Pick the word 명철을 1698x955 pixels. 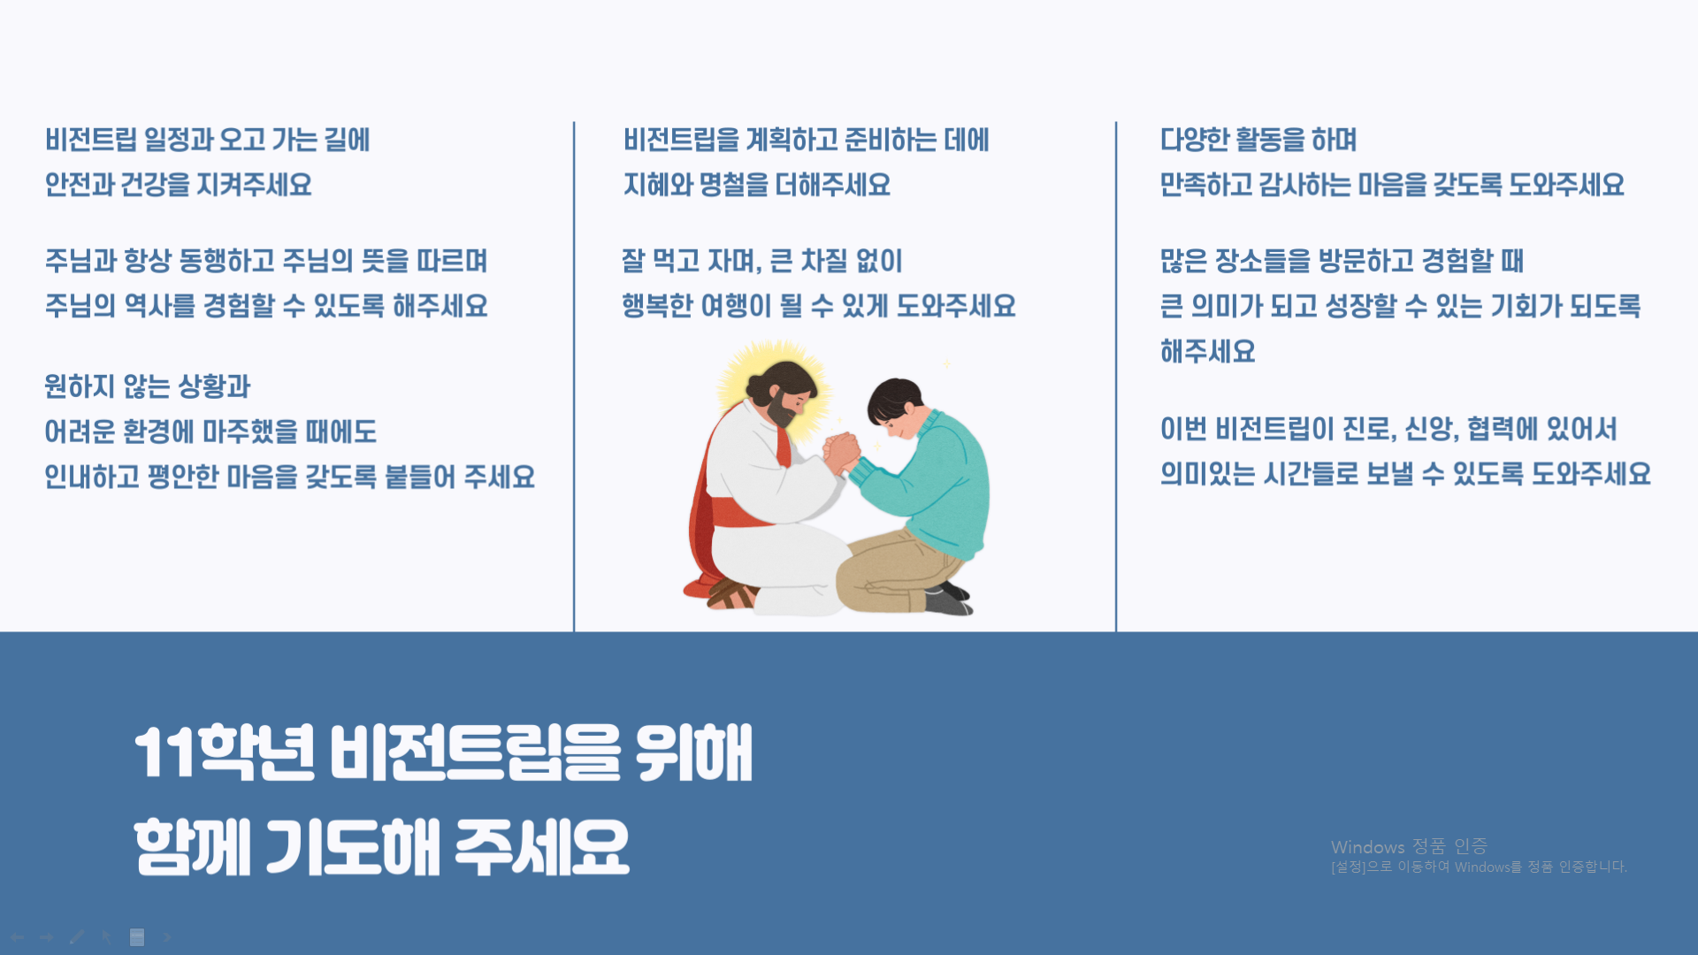point(733,185)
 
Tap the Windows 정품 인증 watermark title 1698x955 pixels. point(1409,847)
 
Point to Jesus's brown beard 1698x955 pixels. point(783,409)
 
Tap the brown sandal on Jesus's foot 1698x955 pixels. point(730,595)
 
